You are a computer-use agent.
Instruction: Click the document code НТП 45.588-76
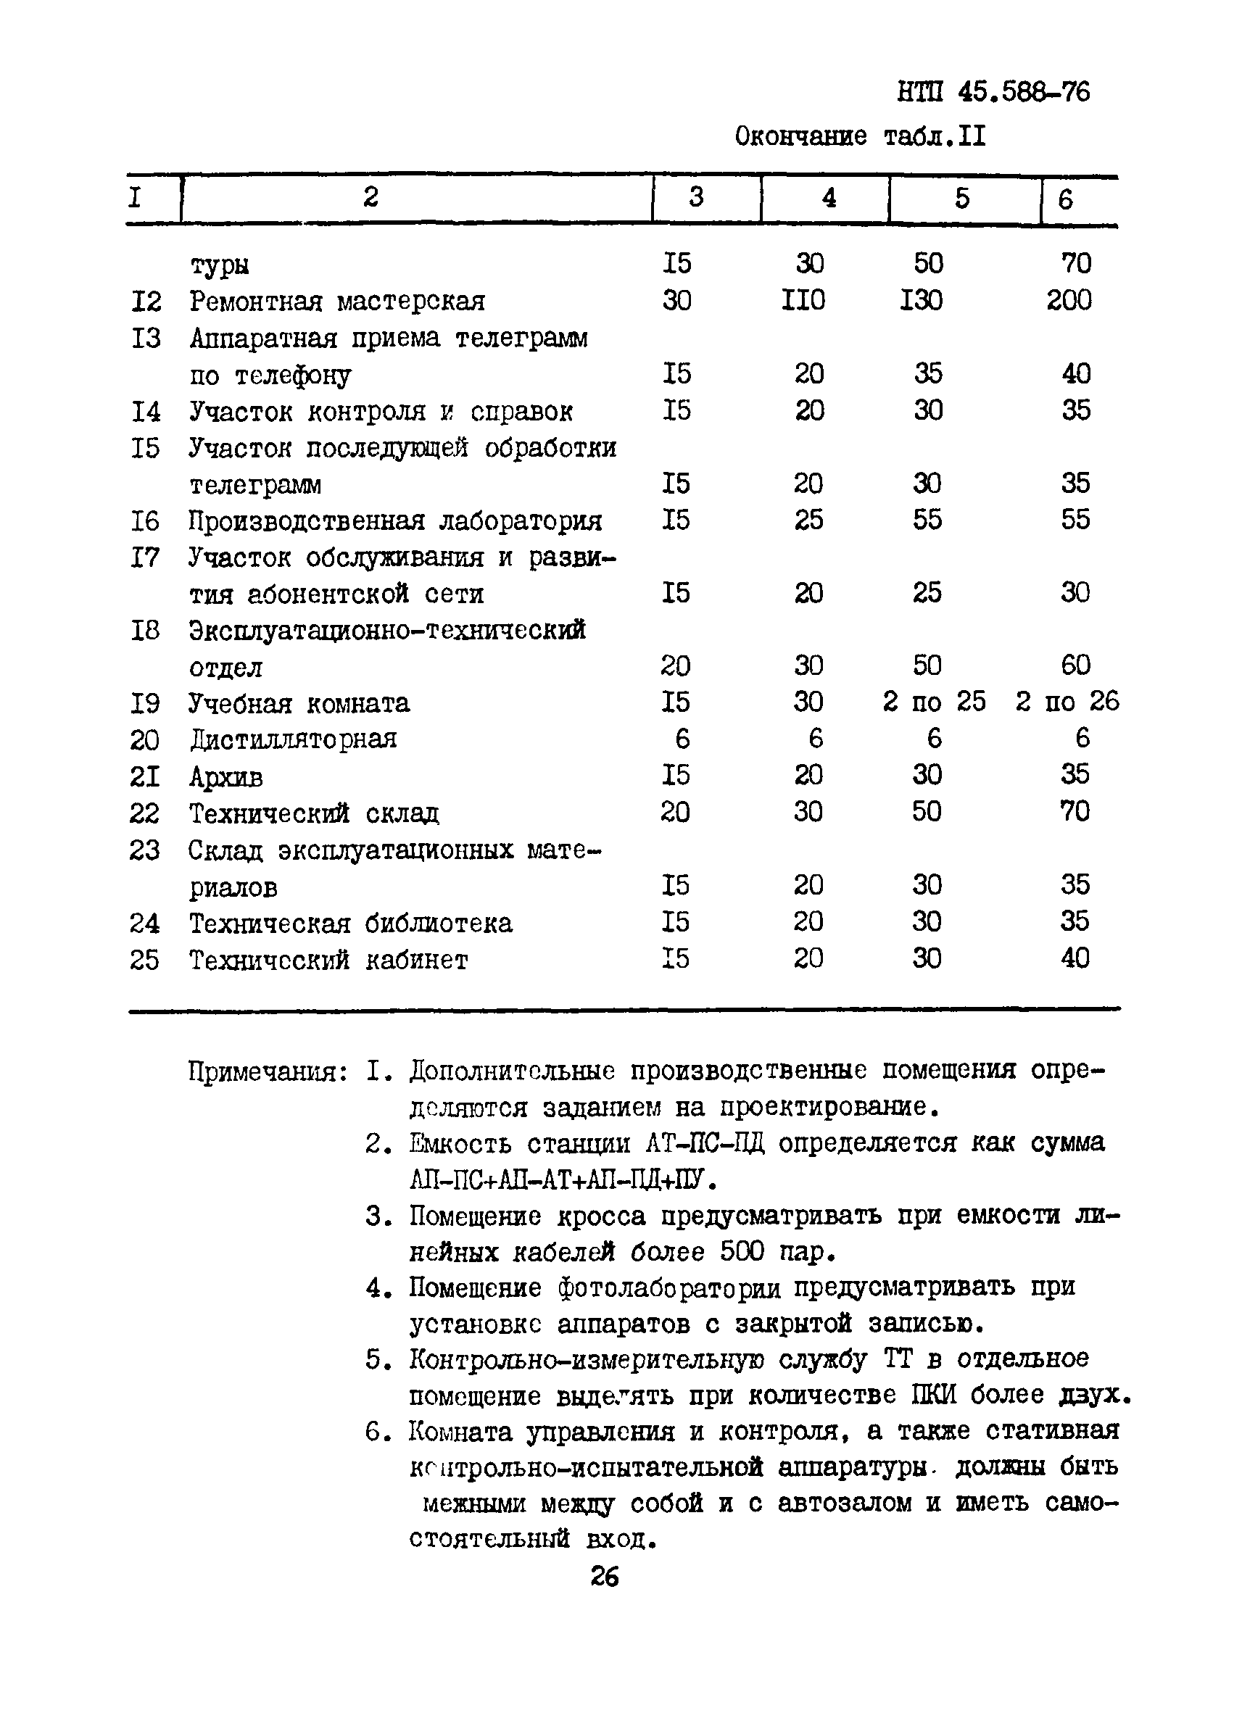(x=993, y=92)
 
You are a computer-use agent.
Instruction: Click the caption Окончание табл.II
(x=860, y=137)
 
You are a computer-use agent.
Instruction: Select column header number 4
(x=829, y=198)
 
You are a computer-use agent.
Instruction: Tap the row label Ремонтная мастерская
(x=337, y=302)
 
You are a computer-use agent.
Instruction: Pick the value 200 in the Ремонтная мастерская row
(x=1068, y=301)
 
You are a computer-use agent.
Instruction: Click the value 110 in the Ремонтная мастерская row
(x=803, y=301)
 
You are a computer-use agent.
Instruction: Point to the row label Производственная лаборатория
(x=395, y=521)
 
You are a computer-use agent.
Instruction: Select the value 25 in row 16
(x=808, y=520)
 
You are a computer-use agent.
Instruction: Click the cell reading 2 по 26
(x=1067, y=702)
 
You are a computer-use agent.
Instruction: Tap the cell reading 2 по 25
(x=934, y=702)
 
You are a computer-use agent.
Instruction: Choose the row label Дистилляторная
(x=292, y=739)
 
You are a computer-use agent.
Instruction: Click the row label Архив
(x=226, y=776)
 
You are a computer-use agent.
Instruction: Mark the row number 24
(x=144, y=923)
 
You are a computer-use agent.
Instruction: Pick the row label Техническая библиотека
(x=350, y=923)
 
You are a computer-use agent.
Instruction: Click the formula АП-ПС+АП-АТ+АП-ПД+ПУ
(x=563, y=1179)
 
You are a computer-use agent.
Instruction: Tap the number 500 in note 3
(x=742, y=1252)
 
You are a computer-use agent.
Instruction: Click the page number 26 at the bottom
(x=605, y=1576)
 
